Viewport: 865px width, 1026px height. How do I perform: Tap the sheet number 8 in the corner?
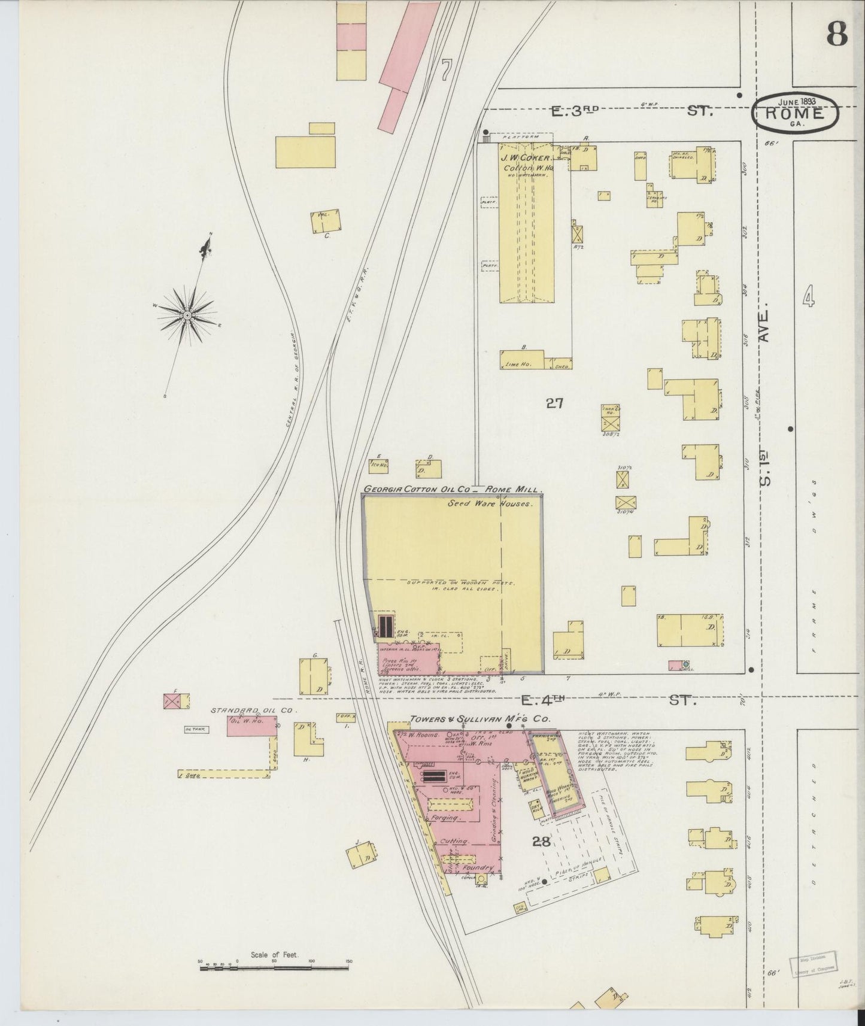coord(837,35)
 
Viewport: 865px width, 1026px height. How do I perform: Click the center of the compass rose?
coord(187,315)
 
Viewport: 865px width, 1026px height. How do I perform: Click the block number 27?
coord(554,403)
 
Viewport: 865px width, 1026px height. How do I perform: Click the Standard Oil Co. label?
coord(245,711)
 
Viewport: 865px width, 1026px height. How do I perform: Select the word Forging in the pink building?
coord(444,817)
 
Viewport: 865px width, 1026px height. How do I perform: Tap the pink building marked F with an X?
coord(172,702)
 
